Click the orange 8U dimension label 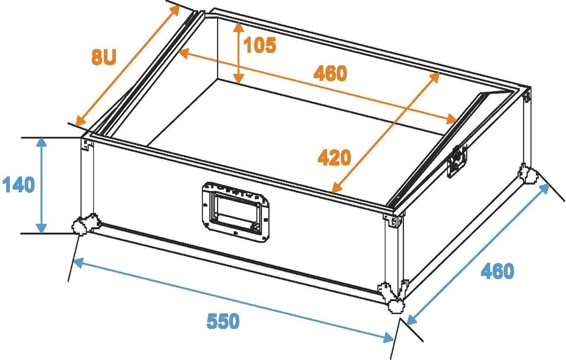click(103, 57)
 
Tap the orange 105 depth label click(259, 45)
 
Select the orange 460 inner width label click(330, 73)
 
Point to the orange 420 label click(334, 157)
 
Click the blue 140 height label click(18, 185)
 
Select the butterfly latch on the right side click(457, 161)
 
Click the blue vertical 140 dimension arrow click(42, 185)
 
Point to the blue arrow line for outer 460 click(477, 254)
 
